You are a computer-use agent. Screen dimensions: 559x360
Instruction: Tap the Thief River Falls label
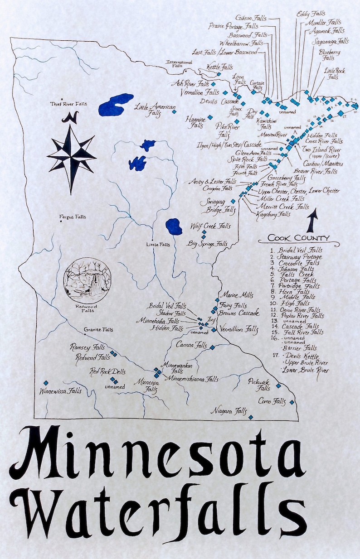click(x=68, y=104)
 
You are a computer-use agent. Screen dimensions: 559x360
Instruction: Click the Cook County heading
click(x=298, y=238)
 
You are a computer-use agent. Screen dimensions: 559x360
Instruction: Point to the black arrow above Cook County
click(x=312, y=222)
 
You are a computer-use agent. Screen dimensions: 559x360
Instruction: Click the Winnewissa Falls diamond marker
click(x=45, y=382)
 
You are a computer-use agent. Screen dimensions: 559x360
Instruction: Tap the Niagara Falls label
click(x=229, y=411)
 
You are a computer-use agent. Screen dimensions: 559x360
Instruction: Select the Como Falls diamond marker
click(x=292, y=402)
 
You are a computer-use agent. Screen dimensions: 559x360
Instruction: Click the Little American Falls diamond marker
click(x=174, y=111)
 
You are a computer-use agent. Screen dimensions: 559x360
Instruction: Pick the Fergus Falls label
click(x=73, y=217)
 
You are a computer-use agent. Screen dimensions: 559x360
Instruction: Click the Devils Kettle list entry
click(x=304, y=356)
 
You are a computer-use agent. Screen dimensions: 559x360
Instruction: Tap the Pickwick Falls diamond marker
click(x=278, y=386)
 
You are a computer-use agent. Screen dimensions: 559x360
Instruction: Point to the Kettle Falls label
click(x=219, y=67)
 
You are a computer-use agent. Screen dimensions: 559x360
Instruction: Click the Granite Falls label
click(x=98, y=329)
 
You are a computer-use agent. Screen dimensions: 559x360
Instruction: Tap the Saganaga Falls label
click(x=331, y=41)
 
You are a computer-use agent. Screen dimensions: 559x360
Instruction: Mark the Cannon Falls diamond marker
click(x=212, y=348)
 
